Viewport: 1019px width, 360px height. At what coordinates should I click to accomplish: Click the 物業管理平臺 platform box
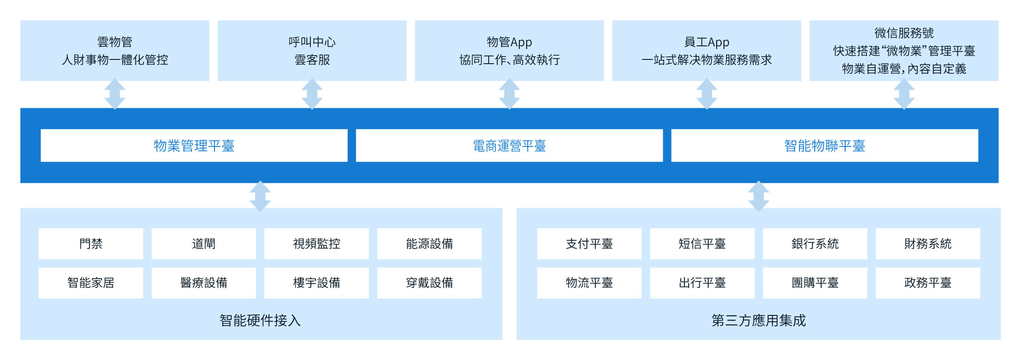click(x=194, y=146)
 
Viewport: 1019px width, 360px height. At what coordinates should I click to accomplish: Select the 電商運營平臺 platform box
click(x=509, y=146)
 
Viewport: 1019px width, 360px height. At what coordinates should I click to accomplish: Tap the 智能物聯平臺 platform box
click(x=825, y=146)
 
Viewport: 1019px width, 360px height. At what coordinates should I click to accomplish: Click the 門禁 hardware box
click(x=91, y=244)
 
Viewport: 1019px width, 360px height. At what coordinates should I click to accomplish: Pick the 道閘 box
click(x=204, y=244)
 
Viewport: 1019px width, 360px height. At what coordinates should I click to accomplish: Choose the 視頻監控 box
click(x=317, y=244)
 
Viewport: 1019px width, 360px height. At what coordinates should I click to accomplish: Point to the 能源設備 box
click(x=429, y=244)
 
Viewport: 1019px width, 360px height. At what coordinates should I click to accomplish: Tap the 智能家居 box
click(x=91, y=283)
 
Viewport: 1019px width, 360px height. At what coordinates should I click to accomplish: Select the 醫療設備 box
click(x=204, y=283)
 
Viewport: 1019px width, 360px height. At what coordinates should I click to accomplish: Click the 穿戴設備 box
click(x=429, y=283)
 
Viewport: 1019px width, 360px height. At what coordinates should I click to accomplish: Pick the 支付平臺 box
click(x=589, y=244)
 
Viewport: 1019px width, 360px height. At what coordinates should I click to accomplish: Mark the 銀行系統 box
click(x=815, y=244)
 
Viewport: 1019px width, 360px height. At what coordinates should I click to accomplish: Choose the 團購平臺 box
click(x=815, y=283)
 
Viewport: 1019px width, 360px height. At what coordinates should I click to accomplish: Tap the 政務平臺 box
click(x=928, y=283)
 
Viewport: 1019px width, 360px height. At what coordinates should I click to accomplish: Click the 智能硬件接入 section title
click(x=260, y=321)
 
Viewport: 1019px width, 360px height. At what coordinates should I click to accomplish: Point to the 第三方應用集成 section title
click(x=759, y=321)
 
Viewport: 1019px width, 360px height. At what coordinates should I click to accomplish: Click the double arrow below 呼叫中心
click(x=312, y=94)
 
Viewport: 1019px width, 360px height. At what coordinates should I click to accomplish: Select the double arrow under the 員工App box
click(x=707, y=94)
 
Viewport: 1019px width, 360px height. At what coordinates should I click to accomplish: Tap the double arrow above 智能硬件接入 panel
click(x=260, y=196)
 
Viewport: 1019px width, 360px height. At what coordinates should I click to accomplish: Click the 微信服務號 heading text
click(x=904, y=33)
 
